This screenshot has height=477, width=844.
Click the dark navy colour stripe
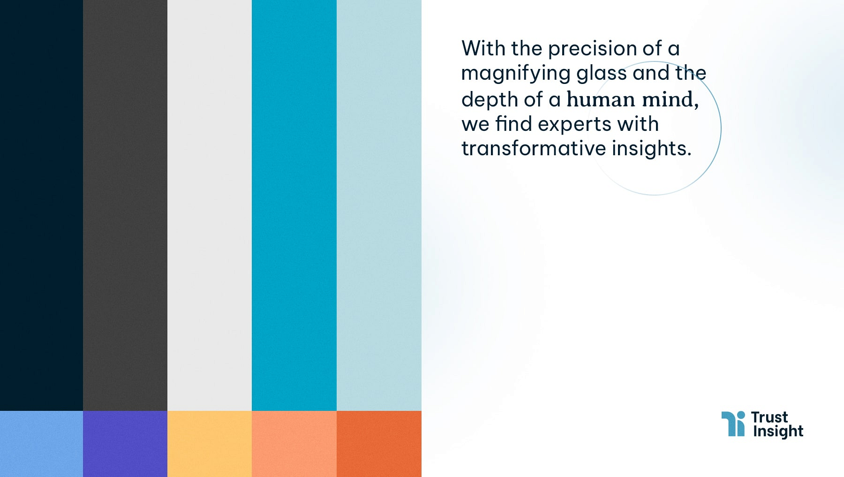point(41,205)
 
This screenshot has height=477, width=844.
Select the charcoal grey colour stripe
point(125,205)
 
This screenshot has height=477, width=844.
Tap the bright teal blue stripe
point(294,205)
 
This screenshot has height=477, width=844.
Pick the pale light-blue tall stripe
point(379,205)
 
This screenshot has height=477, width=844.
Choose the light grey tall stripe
point(210,205)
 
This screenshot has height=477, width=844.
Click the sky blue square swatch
point(41,444)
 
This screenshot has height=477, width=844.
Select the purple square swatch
point(125,444)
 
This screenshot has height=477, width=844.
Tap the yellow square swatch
point(210,444)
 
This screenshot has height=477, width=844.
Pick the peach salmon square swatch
point(294,444)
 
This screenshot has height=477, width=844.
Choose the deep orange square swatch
point(379,444)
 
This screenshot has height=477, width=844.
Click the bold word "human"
point(601,99)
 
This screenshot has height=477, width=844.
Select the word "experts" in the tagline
point(574,125)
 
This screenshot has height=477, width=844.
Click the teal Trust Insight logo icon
point(733,424)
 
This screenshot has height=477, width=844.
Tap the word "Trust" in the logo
point(769,417)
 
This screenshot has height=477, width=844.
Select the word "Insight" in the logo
point(778,431)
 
